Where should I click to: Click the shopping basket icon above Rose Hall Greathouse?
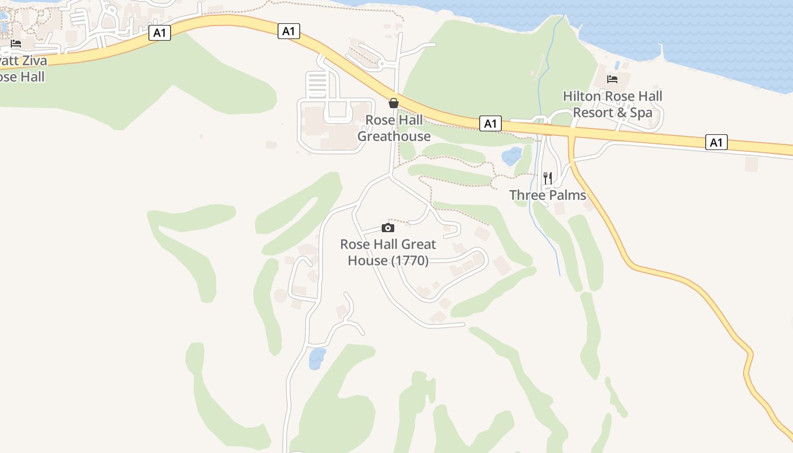click(393, 103)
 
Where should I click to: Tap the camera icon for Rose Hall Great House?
click(388, 228)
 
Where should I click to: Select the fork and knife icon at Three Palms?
click(547, 178)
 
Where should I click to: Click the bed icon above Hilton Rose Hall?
click(612, 79)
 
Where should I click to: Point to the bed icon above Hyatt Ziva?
click(16, 43)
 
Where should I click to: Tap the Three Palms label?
click(547, 195)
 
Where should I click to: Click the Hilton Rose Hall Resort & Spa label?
click(612, 104)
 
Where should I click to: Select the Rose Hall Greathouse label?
click(394, 128)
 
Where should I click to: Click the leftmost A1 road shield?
click(160, 33)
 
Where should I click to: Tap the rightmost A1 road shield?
click(717, 142)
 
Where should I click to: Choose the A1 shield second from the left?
click(289, 31)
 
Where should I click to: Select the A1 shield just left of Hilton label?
click(491, 123)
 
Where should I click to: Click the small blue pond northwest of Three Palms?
click(512, 155)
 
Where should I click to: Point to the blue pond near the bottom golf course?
click(317, 359)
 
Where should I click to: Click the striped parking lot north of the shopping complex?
click(318, 85)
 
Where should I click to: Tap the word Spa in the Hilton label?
click(641, 113)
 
